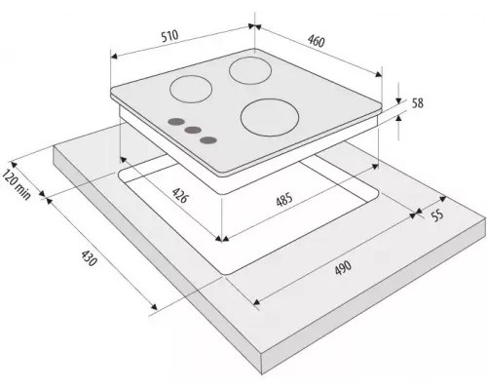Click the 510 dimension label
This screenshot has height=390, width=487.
(x=169, y=36)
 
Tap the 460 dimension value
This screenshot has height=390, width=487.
(x=317, y=41)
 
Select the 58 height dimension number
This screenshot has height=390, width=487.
(x=418, y=103)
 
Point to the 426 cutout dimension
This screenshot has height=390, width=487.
(x=179, y=195)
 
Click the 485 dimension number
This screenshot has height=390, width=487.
(x=284, y=199)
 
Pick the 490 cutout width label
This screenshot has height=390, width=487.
(x=343, y=267)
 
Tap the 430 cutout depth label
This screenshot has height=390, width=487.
(x=89, y=258)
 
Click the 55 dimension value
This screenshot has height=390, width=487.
(x=438, y=214)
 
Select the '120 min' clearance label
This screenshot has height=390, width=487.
(x=17, y=184)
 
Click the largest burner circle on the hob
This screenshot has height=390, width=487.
(x=270, y=117)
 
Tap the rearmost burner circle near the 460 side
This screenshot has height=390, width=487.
(x=250, y=70)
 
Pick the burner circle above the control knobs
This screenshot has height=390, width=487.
(x=191, y=89)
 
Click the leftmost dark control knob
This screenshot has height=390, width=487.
(x=176, y=122)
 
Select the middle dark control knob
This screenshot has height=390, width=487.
(x=193, y=131)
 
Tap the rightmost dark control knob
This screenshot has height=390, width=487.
(x=208, y=140)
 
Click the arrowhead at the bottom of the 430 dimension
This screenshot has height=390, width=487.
(x=154, y=306)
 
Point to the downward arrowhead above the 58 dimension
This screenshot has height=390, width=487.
(x=398, y=100)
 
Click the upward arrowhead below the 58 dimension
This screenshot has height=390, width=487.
(x=398, y=119)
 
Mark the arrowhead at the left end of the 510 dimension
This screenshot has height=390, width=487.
(x=114, y=57)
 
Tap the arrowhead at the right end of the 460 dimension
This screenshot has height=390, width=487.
(x=379, y=74)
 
